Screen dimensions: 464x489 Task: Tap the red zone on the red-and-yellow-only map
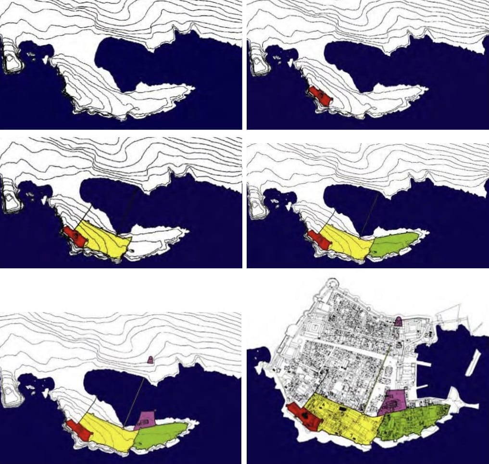73,236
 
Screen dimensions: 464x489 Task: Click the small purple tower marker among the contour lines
150,360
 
